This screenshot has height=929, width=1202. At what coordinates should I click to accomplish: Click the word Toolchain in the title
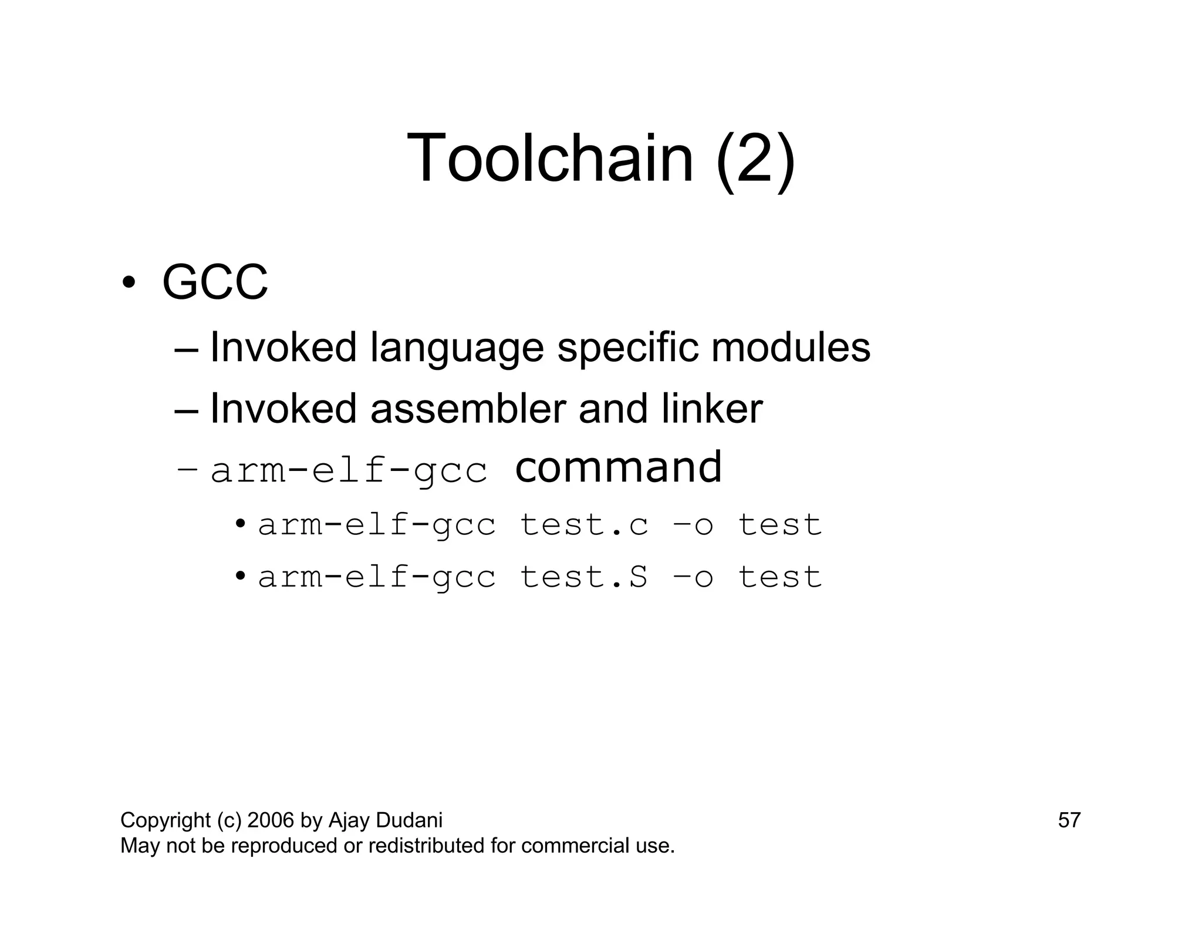pyautogui.click(x=550, y=158)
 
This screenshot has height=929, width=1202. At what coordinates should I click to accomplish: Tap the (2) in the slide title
pyautogui.click(x=755, y=159)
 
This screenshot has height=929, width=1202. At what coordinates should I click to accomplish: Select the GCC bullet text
pyautogui.click(x=215, y=282)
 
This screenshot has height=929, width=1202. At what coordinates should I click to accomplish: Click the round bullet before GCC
pyautogui.click(x=129, y=282)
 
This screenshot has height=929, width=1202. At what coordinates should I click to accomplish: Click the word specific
pyautogui.click(x=627, y=348)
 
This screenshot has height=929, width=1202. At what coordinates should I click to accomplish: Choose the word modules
pyautogui.click(x=791, y=347)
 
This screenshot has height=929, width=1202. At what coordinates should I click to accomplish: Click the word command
pyautogui.click(x=618, y=467)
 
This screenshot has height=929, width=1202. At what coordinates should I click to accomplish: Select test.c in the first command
pyautogui.click(x=585, y=524)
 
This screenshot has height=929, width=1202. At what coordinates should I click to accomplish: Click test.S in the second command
pyautogui.click(x=585, y=577)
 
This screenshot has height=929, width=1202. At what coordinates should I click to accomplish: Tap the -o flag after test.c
pyautogui.click(x=693, y=524)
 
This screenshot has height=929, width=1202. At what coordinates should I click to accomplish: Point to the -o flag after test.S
pyautogui.click(x=693, y=577)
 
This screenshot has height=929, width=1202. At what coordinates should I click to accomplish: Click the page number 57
pyautogui.click(x=1069, y=820)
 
